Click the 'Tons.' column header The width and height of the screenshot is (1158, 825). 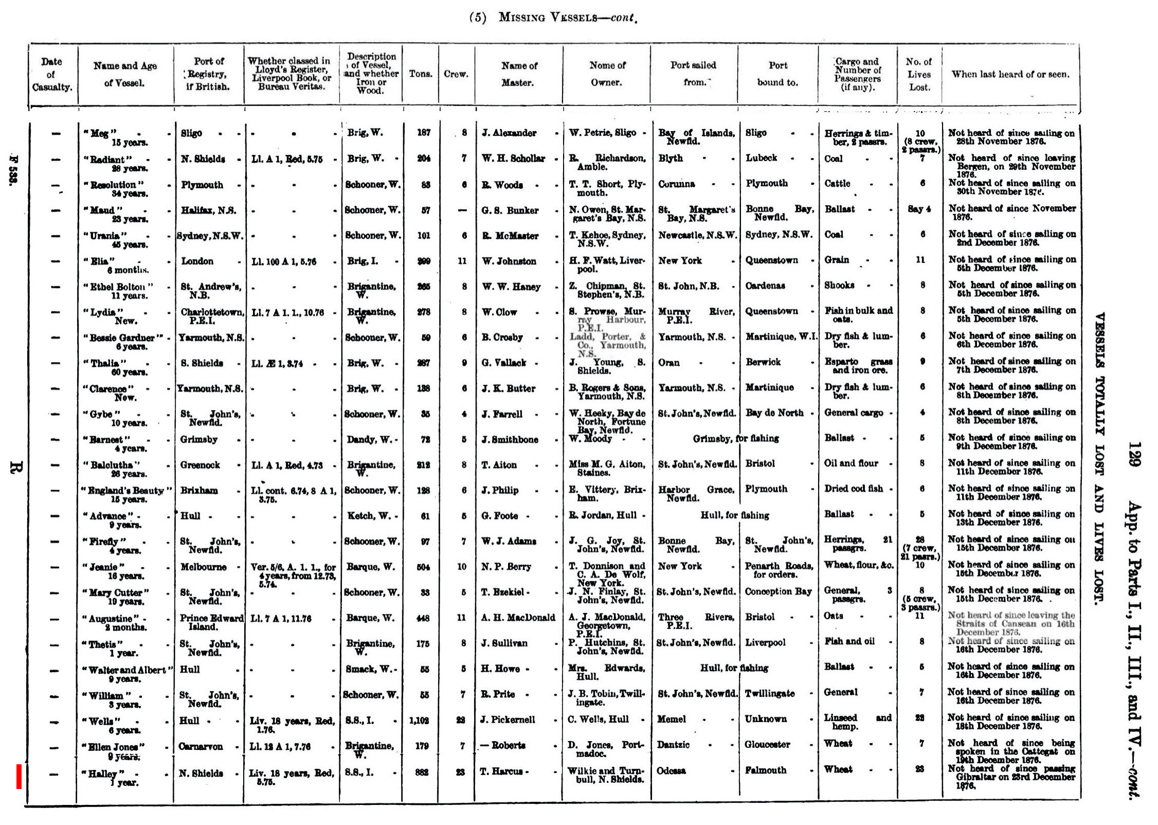(x=420, y=74)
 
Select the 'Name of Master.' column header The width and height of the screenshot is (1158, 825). (x=518, y=74)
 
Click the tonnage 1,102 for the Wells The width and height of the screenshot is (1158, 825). (x=420, y=721)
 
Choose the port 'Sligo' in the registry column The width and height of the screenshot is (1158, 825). (x=191, y=133)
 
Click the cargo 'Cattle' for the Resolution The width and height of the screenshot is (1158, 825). (x=837, y=184)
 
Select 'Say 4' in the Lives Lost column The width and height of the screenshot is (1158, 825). (x=920, y=209)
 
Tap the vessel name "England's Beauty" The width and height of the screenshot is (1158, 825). (x=126, y=491)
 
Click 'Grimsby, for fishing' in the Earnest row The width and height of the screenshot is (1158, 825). (x=735, y=439)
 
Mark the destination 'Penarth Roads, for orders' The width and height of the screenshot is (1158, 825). (x=779, y=570)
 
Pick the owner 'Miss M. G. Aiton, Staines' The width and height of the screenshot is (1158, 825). (x=606, y=468)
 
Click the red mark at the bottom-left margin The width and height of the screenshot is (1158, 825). (x=19, y=776)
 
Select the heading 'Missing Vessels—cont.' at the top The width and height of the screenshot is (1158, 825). (x=553, y=17)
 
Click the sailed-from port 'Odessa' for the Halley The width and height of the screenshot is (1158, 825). (x=672, y=771)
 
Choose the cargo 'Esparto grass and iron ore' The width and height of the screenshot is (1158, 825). (x=858, y=365)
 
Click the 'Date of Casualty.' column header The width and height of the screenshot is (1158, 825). (x=52, y=74)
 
